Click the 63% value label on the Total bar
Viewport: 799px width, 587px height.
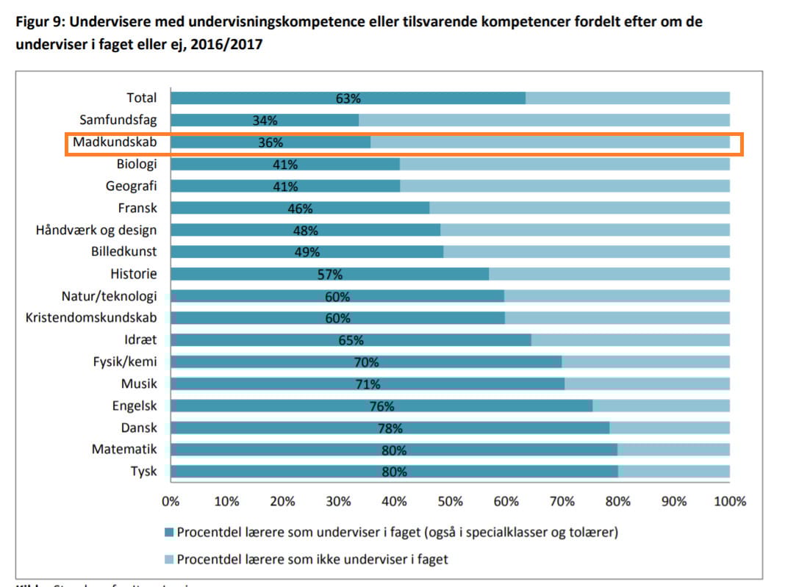(348, 98)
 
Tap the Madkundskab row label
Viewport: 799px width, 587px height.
(115, 143)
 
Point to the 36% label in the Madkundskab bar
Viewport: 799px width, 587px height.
(270, 143)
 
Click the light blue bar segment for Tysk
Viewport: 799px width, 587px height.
(673, 472)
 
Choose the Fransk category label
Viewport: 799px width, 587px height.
(137, 208)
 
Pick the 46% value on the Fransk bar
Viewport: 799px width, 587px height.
(300, 209)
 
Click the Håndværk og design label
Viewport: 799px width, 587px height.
(96, 230)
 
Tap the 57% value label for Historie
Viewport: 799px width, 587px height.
(330, 275)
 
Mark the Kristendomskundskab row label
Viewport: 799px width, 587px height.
(91, 318)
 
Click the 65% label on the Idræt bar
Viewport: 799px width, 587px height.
(351, 340)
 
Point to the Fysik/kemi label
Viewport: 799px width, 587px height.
(125, 361)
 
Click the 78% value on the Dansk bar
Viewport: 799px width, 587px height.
(390, 428)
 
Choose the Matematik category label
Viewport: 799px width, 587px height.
(124, 449)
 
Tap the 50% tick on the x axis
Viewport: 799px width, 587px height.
(450, 501)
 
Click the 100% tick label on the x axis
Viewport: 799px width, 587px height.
(730, 501)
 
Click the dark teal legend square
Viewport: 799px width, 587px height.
(168, 532)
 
